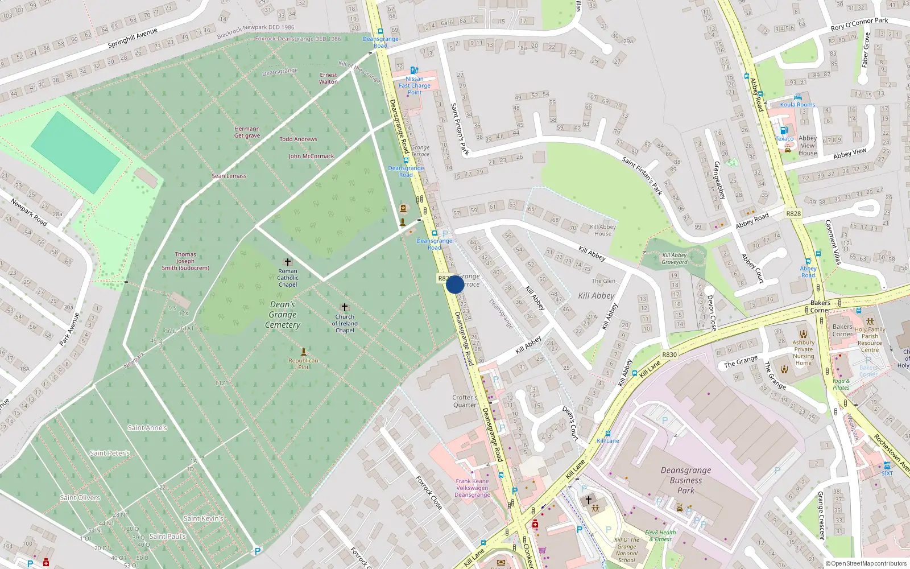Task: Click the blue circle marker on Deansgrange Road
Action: (x=455, y=284)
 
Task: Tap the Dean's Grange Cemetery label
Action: (x=283, y=315)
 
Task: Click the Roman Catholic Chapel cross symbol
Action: (x=288, y=262)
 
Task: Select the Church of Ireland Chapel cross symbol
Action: (x=345, y=307)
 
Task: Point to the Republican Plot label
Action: (x=303, y=364)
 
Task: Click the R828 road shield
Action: (x=793, y=213)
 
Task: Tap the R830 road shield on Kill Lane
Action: (x=669, y=354)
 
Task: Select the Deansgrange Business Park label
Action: (x=686, y=480)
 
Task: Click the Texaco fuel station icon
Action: (x=784, y=130)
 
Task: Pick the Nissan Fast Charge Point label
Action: (x=415, y=85)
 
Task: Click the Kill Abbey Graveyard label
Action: (x=675, y=259)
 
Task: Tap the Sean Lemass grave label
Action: (x=229, y=176)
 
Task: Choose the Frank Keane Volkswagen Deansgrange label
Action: (x=472, y=488)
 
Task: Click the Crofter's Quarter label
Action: (x=465, y=401)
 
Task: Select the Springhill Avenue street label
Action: (x=133, y=38)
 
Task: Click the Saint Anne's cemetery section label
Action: (x=147, y=428)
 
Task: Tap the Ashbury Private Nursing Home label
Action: (x=803, y=353)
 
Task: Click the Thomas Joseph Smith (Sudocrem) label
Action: (x=185, y=261)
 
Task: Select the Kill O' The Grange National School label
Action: (x=627, y=550)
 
